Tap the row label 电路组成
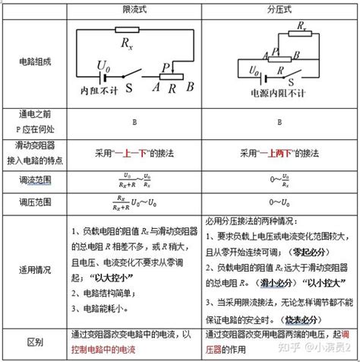[x=37, y=60]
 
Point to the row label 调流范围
[x=37, y=180]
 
